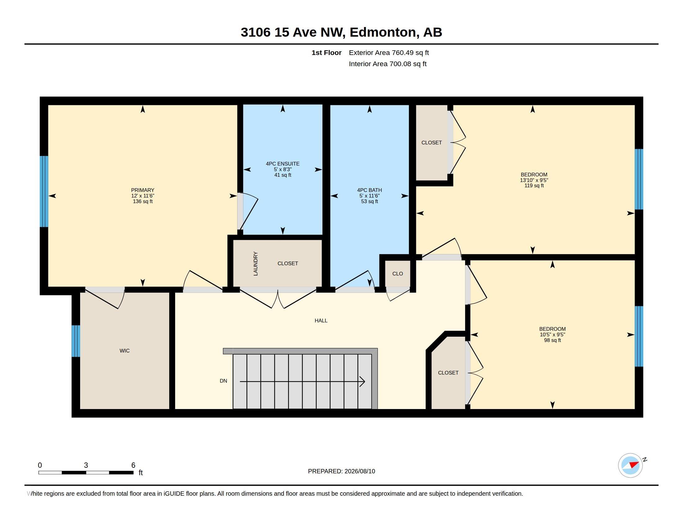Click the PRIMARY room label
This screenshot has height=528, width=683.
(x=142, y=190)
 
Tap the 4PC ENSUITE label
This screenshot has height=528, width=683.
(x=283, y=164)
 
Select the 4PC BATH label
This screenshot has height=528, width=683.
(x=369, y=190)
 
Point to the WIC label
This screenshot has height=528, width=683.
(x=124, y=351)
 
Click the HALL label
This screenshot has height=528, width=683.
(x=321, y=321)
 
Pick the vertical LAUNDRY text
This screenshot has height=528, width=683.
(x=256, y=264)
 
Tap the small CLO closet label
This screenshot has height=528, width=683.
(x=397, y=274)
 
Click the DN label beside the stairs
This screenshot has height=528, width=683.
(x=223, y=381)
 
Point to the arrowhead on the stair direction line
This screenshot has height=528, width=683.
(x=362, y=382)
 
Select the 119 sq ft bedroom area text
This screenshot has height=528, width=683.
(x=534, y=185)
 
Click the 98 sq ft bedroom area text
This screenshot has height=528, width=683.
(x=552, y=340)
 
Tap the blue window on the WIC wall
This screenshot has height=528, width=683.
(x=76, y=341)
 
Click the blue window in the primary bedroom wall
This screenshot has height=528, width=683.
(x=44, y=191)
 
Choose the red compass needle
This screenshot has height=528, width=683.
(x=634, y=465)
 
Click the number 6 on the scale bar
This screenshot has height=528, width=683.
(x=133, y=465)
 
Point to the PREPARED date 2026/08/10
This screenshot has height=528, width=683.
(x=360, y=471)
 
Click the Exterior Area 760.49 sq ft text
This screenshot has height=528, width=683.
(x=389, y=52)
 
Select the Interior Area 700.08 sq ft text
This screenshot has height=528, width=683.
(x=387, y=64)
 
